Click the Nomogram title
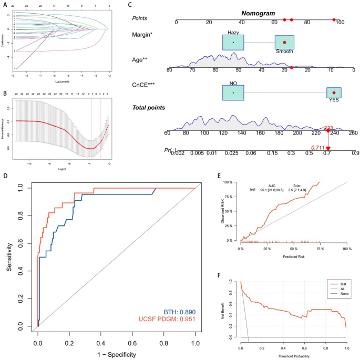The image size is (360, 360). tap(258, 12)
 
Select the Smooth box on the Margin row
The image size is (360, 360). tap(284, 43)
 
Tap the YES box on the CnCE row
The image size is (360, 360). tap(334, 94)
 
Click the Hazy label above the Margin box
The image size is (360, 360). tap(233, 33)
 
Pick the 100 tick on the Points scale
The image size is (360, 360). tap(340, 22)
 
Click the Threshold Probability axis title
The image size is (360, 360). tap(293, 356)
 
